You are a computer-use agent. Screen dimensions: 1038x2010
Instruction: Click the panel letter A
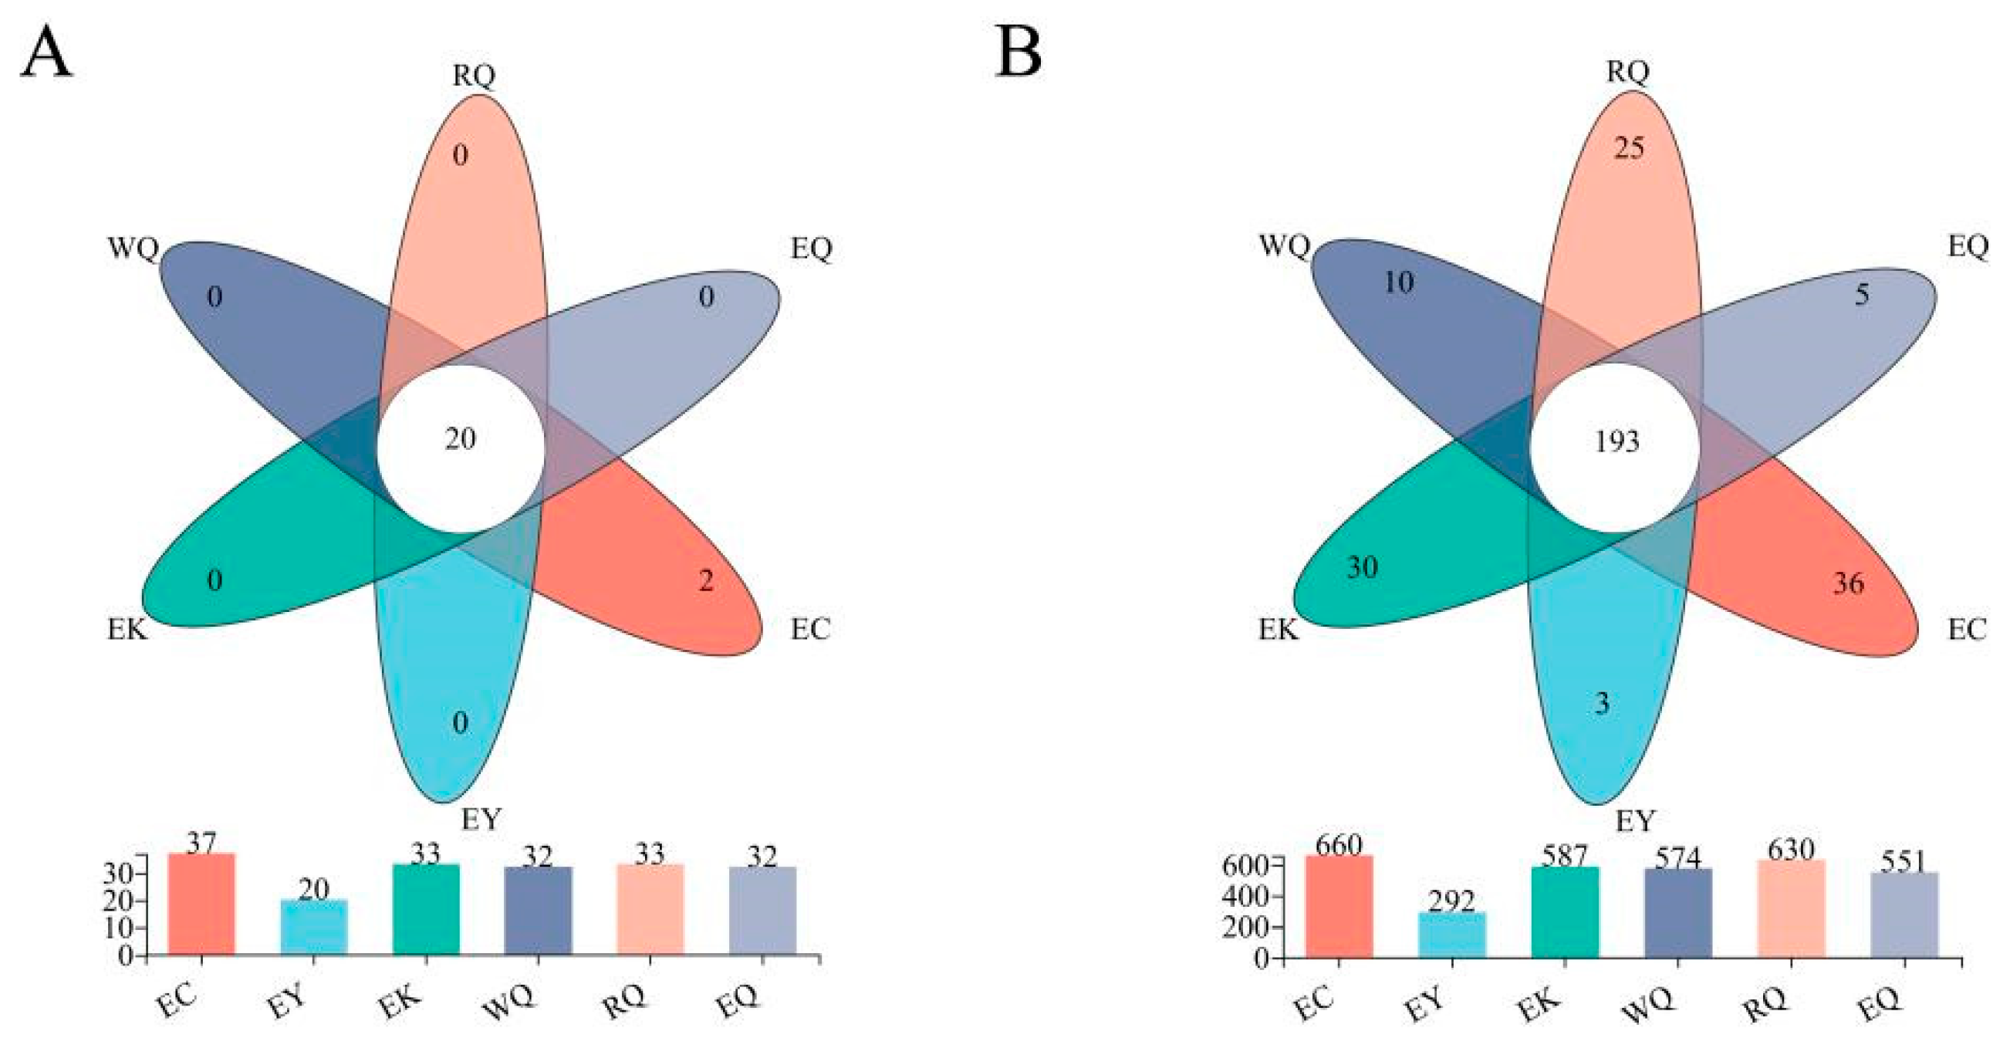pyautogui.click(x=46, y=54)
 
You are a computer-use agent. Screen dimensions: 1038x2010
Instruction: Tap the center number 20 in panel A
pyautogui.click(x=460, y=438)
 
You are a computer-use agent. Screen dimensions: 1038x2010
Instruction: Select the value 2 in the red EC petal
pyautogui.click(x=705, y=580)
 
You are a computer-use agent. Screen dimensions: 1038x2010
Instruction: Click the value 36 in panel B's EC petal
pyautogui.click(x=1848, y=583)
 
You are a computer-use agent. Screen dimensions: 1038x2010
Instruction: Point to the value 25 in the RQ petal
pyautogui.click(x=1630, y=147)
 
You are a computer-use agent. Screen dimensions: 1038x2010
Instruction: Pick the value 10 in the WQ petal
pyautogui.click(x=1398, y=282)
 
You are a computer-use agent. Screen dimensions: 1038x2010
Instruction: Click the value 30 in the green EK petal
pyautogui.click(x=1363, y=566)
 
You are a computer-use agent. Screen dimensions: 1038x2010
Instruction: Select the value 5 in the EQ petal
pyautogui.click(x=1862, y=295)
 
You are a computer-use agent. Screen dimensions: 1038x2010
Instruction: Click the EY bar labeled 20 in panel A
pyautogui.click(x=314, y=928)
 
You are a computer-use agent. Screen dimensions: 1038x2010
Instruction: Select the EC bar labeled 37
pyautogui.click(x=201, y=905)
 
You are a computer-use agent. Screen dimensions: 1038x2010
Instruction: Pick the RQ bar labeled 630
pyautogui.click(x=1791, y=910)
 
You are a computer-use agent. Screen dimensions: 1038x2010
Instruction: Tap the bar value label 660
pyautogui.click(x=1338, y=845)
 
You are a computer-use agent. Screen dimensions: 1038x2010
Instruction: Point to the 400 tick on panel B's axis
pyautogui.click(x=1248, y=897)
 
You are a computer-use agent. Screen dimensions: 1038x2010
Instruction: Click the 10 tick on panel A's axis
pyautogui.click(x=120, y=928)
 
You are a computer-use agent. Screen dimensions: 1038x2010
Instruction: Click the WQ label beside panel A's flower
pyautogui.click(x=133, y=250)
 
